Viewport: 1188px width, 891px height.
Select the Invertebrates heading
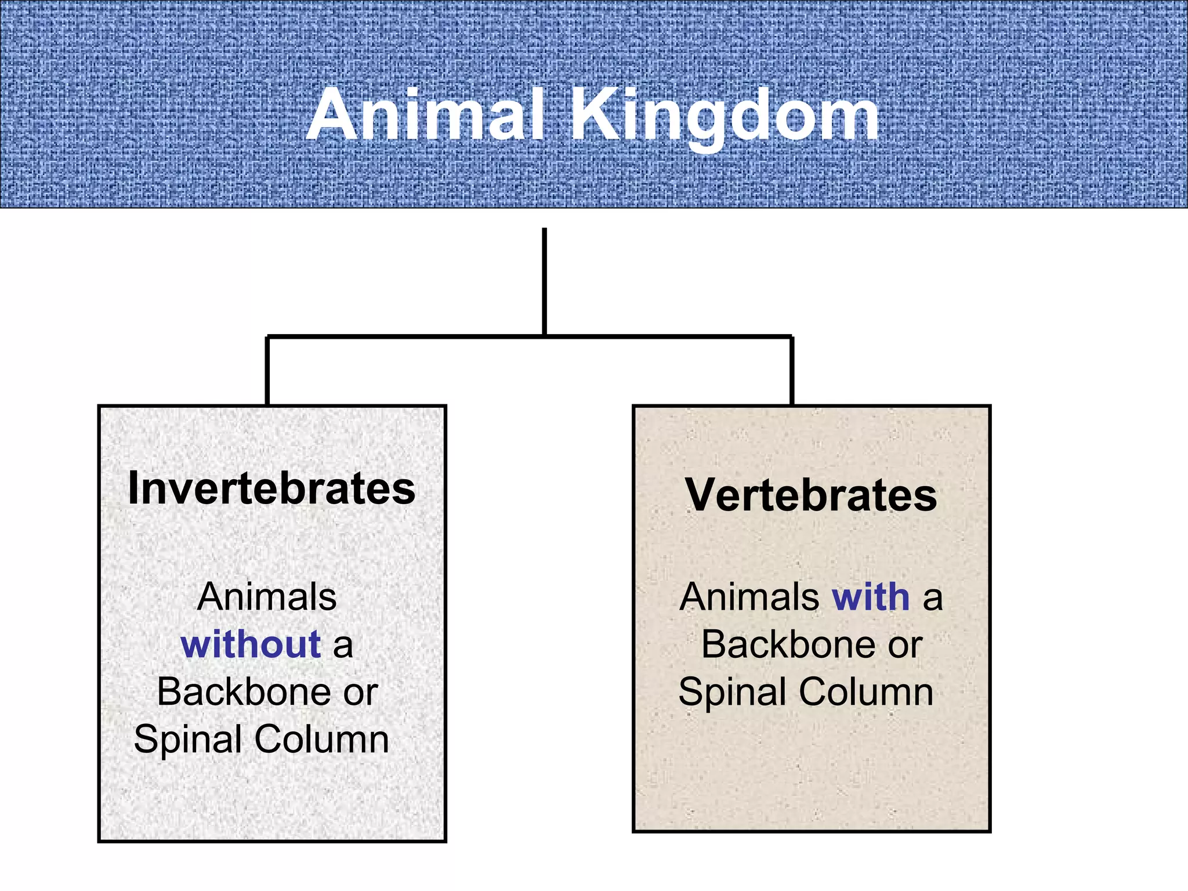click(x=271, y=488)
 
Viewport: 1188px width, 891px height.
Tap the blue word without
click(x=251, y=644)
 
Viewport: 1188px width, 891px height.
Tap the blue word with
click(x=871, y=597)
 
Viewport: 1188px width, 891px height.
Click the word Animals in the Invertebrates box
click(x=267, y=597)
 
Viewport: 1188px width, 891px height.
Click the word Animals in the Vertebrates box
click(x=749, y=597)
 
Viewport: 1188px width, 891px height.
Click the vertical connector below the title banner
click(x=544, y=281)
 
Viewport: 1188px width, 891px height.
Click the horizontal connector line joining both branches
click(x=667, y=336)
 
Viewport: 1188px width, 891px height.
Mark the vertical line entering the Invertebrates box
click(x=267, y=371)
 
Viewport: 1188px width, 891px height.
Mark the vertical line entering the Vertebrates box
click(x=792, y=371)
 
